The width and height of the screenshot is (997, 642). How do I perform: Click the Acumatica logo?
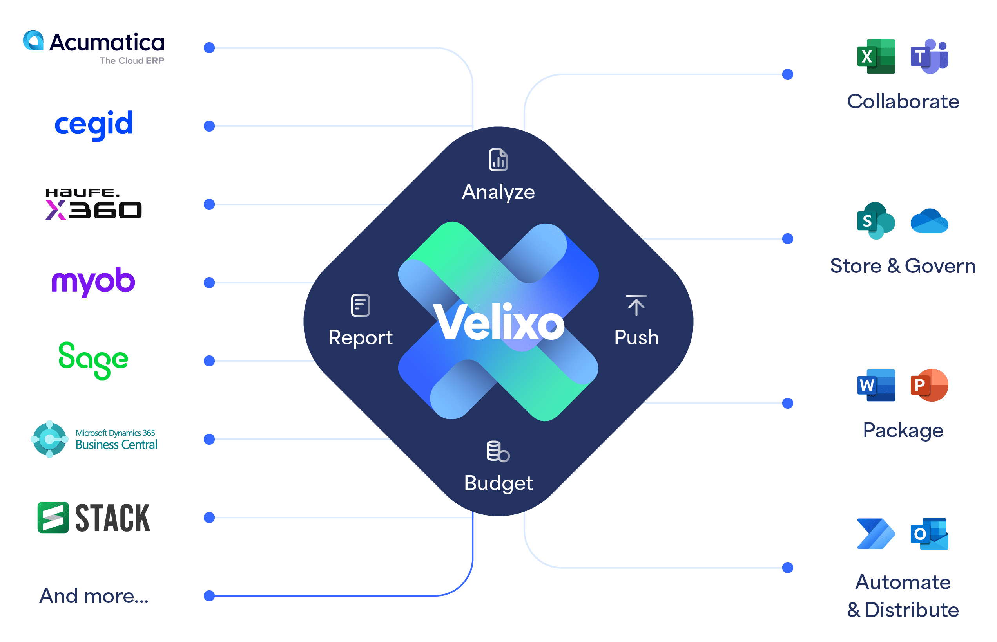tap(94, 47)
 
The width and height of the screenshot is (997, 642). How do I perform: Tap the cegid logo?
tap(94, 124)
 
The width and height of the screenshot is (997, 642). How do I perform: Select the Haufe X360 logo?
tap(94, 204)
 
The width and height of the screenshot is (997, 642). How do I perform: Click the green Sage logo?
tap(94, 360)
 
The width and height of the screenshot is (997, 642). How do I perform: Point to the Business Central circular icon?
tap(50, 439)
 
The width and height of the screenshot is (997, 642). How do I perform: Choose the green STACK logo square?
tap(53, 518)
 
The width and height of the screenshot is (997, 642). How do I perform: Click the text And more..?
tap(94, 596)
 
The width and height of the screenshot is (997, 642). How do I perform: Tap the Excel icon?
tap(876, 56)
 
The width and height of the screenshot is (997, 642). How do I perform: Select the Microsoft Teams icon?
tap(929, 56)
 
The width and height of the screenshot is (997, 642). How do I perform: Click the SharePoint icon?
tap(876, 220)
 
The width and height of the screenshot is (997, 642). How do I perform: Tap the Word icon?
tap(876, 385)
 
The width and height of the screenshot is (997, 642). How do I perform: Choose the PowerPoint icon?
tap(929, 385)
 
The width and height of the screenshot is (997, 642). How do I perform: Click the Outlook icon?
tap(929, 534)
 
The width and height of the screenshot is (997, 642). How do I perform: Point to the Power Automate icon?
tap(876, 534)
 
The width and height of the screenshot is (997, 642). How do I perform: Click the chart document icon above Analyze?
tap(498, 160)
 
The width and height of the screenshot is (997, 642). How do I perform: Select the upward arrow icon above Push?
tap(636, 305)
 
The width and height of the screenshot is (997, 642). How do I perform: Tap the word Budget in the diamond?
tap(498, 483)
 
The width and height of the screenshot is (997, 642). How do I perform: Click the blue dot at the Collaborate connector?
tap(787, 75)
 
